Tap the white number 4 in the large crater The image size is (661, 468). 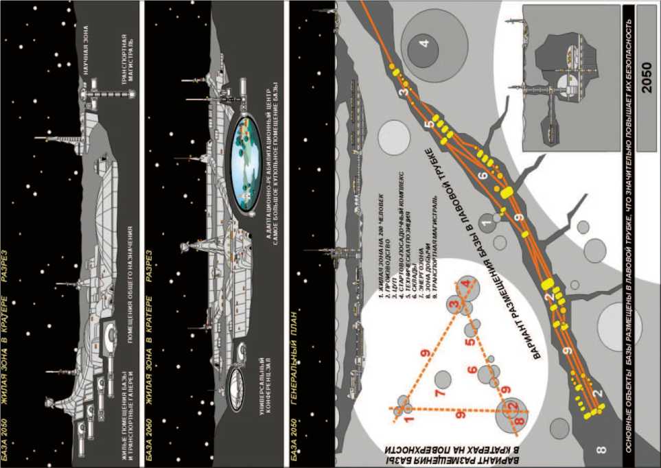425,44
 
